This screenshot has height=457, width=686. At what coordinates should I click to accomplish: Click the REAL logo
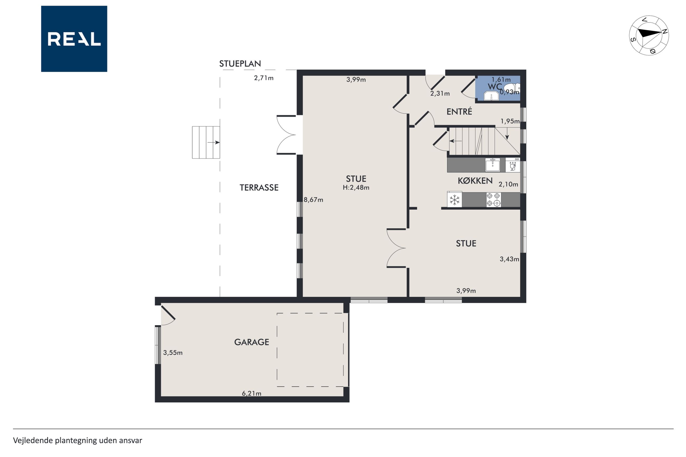click(74, 39)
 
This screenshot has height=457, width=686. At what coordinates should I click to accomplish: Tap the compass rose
click(649, 35)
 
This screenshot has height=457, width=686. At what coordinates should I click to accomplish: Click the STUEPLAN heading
click(240, 64)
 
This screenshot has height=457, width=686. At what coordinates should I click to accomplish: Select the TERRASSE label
click(259, 187)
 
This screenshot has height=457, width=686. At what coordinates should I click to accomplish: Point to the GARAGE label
click(252, 342)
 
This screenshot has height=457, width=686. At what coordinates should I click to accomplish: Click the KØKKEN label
click(475, 181)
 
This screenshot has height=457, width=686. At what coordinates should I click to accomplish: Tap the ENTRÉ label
click(459, 111)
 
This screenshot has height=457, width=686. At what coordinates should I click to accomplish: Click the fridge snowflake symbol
click(455, 200)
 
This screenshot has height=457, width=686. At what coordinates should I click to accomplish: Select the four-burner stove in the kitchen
click(493, 200)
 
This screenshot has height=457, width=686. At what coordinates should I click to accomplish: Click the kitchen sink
click(492, 165)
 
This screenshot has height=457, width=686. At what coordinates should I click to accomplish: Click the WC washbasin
click(491, 96)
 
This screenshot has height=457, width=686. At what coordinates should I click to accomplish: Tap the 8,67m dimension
click(313, 200)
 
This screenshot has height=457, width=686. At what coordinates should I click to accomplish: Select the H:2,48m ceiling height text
click(356, 187)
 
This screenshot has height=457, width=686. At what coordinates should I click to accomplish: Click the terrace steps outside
click(206, 142)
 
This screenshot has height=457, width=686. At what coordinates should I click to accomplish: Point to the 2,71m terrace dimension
click(264, 78)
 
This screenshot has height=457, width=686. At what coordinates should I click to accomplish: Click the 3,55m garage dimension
click(173, 353)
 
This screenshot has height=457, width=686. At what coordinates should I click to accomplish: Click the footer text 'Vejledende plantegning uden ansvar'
click(78, 440)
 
